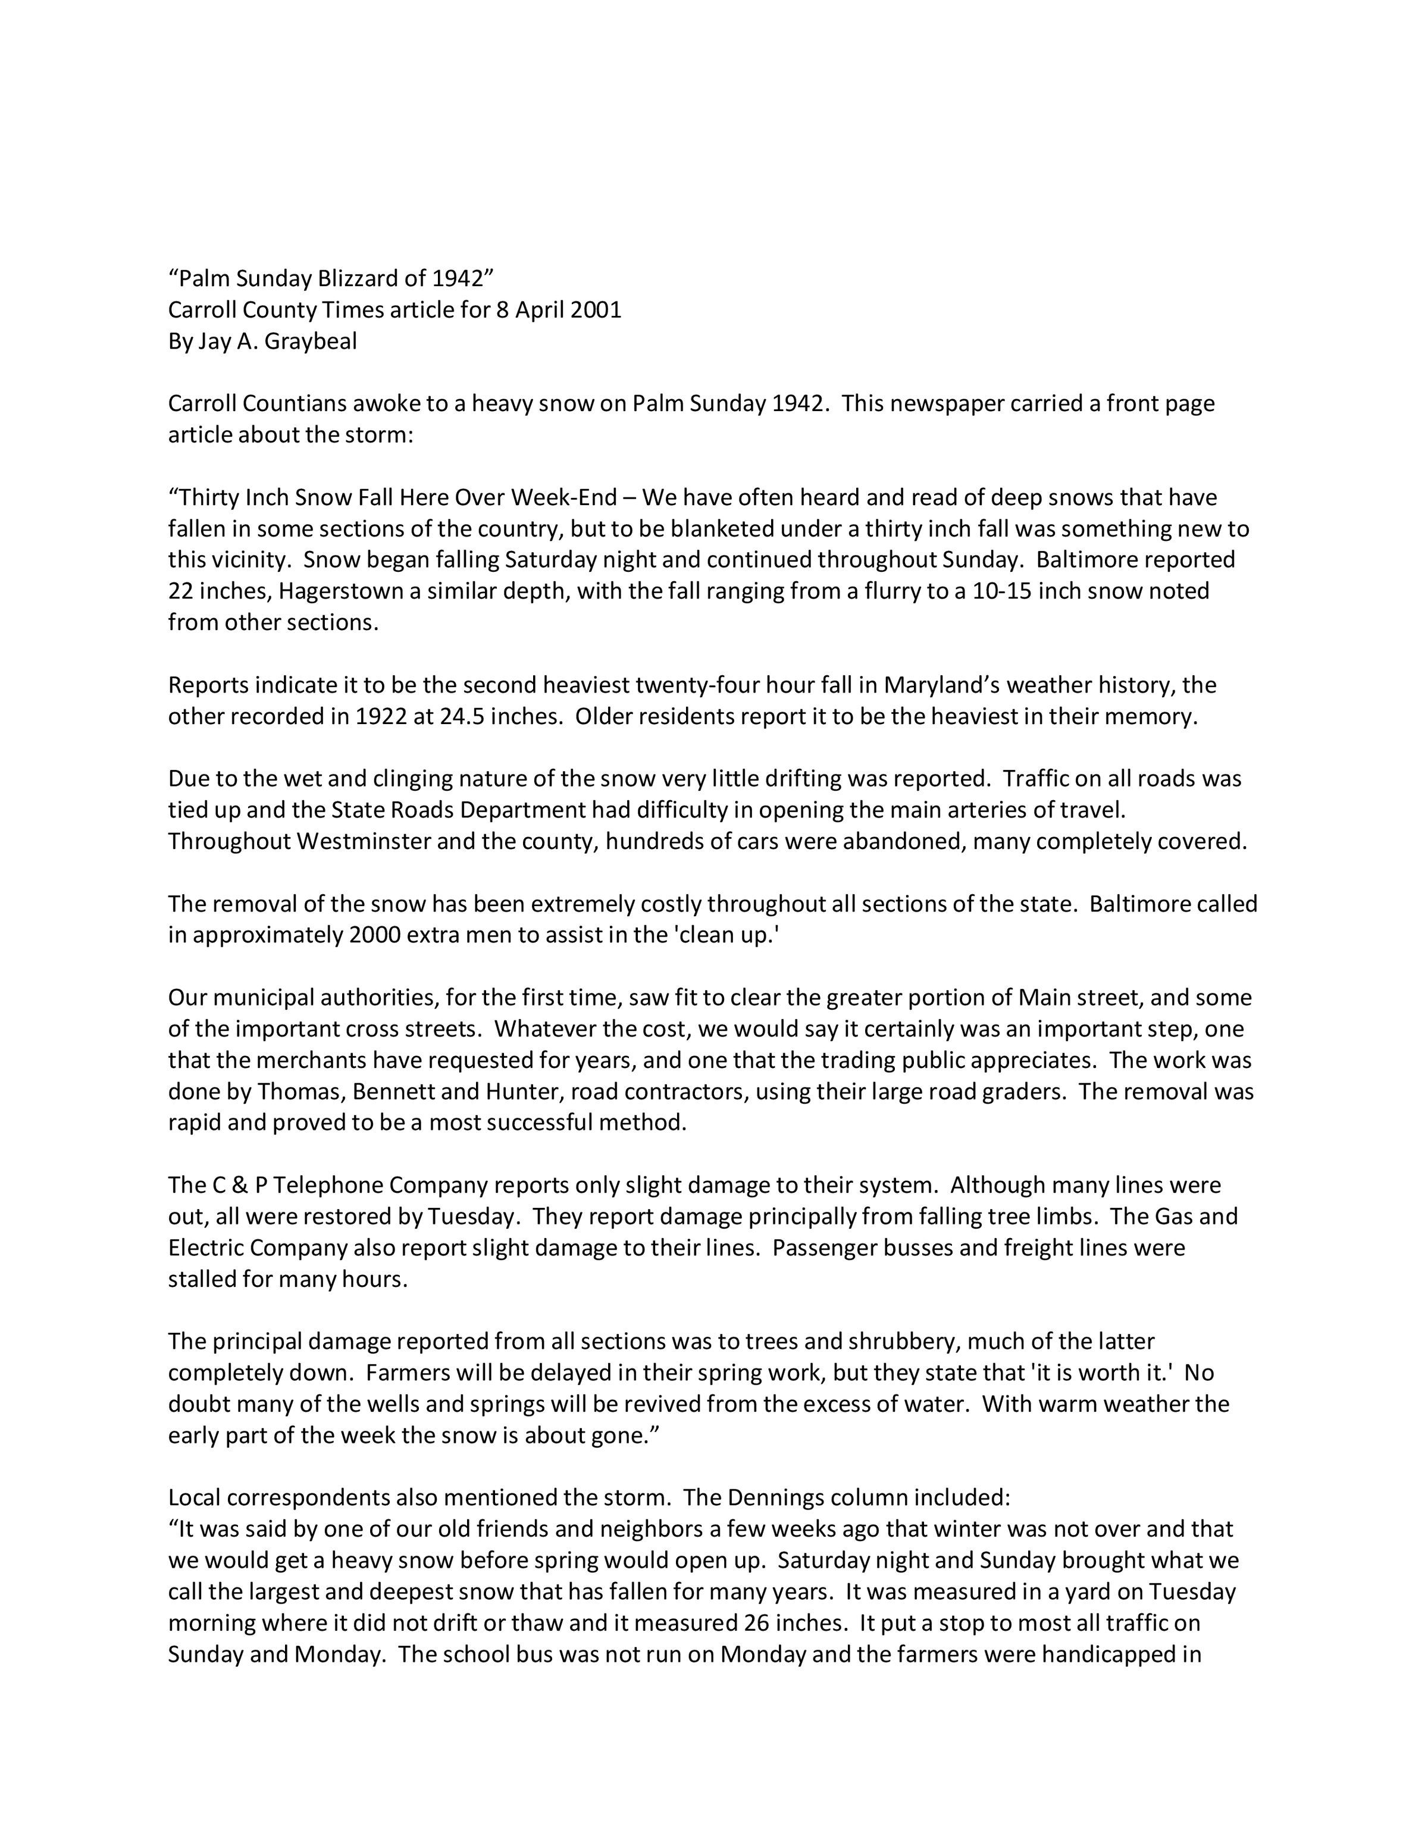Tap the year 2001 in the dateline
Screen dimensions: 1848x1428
click(x=596, y=310)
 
